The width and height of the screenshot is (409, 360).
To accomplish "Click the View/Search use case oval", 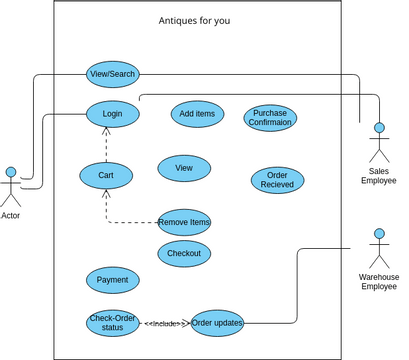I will [x=112, y=74].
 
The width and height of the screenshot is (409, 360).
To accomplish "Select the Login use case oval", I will [x=112, y=114].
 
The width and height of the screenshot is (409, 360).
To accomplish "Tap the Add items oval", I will [x=197, y=114].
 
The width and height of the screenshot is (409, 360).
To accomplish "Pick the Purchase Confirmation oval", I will [x=270, y=118].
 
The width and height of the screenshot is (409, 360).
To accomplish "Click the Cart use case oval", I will [x=106, y=175].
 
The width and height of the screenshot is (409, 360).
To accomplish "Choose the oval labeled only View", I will [x=184, y=168].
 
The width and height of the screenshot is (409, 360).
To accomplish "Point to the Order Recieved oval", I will [x=277, y=180].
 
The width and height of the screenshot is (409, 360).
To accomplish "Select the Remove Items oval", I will [x=184, y=221].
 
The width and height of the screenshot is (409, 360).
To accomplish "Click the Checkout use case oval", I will [x=184, y=254].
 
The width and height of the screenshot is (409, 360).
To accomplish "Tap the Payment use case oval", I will [x=112, y=280].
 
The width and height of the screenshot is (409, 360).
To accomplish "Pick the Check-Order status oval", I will [x=112, y=323].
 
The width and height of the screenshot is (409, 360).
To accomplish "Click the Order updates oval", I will [x=217, y=322].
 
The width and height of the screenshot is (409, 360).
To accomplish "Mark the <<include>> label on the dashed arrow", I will [x=165, y=323].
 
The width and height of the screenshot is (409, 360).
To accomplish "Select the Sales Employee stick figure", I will [x=379, y=142].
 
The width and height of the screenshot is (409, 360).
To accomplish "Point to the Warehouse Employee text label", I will [x=379, y=281].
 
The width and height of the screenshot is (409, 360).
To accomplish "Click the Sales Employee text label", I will [x=379, y=176].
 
